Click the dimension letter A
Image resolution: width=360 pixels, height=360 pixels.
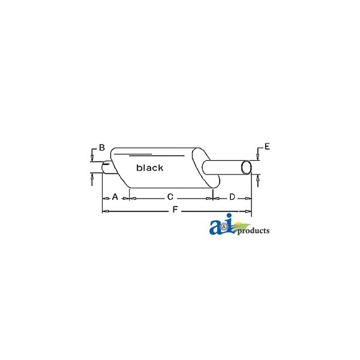click(x=115, y=197)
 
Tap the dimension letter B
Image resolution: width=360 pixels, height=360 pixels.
click(x=102, y=148)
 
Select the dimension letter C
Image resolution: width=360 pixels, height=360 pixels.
click(x=170, y=197)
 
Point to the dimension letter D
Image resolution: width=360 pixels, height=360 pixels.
click(x=232, y=197)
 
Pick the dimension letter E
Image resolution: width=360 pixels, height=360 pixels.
click(x=267, y=146)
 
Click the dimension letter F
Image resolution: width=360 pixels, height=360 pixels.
click(x=175, y=209)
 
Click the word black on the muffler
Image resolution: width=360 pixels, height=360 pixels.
click(x=149, y=167)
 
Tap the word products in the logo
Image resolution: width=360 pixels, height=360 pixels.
click(x=253, y=231)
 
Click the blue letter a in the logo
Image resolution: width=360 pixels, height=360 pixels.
click(x=215, y=227)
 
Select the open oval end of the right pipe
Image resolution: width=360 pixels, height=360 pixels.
click(x=246, y=167)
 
